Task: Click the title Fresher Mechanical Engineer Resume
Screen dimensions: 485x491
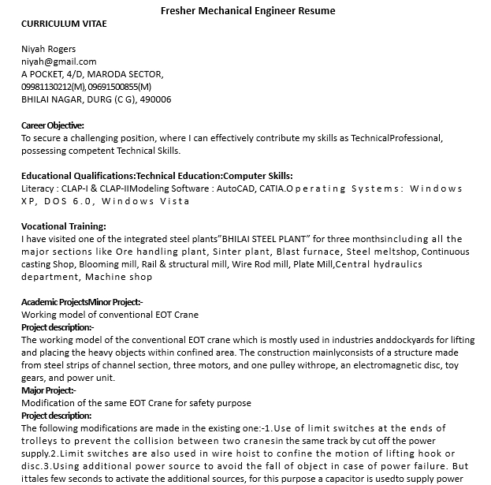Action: click(x=247, y=10)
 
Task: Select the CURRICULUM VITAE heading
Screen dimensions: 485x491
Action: click(x=64, y=24)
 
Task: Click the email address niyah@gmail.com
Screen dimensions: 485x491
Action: click(x=59, y=62)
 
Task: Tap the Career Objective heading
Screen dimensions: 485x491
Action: click(x=53, y=125)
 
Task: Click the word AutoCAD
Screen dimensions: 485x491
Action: click(x=236, y=188)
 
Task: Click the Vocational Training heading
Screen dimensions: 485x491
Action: click(x=64, y=226)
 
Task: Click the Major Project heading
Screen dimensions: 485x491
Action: click(x=49, y=390)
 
